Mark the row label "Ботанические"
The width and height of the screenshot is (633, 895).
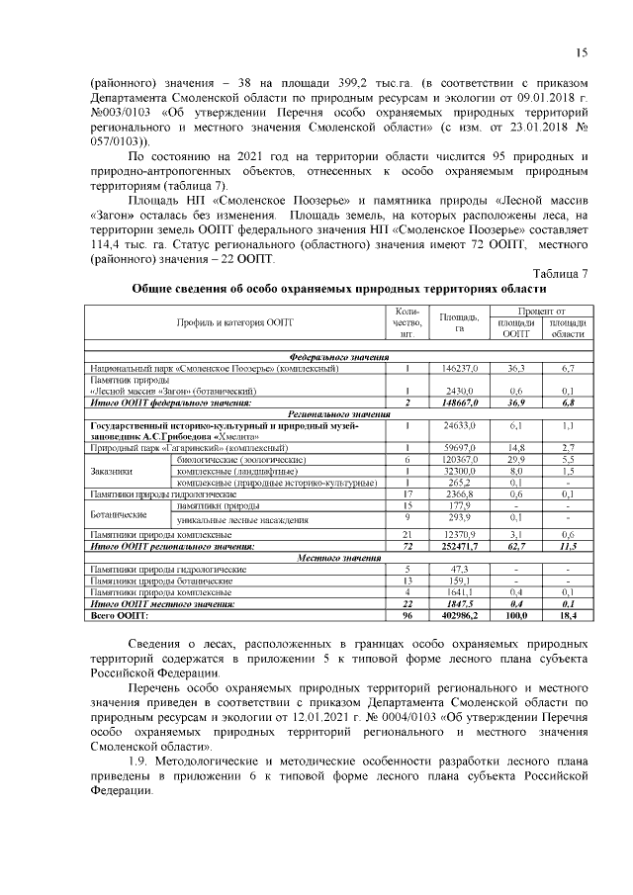[120, 513]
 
